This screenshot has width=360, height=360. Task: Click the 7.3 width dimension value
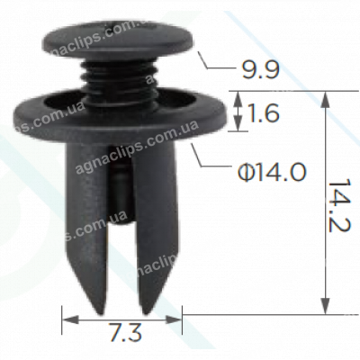(x=122, y=334)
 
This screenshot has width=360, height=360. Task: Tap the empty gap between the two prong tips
(x=121, y=288)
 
